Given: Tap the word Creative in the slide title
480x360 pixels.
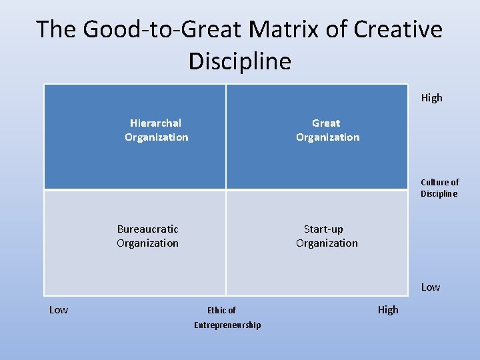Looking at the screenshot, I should pyautogui.click(x=399, y=29).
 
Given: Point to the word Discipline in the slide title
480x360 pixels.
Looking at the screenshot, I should pyautogui.click(x=240, y=61).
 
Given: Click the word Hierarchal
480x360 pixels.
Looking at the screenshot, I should pyautogui.click(x=155, y=123).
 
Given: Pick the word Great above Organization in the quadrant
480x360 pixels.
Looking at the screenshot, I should pyautogui.click(x=326, y=123).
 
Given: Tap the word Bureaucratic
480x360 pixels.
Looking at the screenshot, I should pyautogui.click(x=147, y=229).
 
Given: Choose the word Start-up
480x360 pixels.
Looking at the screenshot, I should pyautogui.click(x=324, y=229).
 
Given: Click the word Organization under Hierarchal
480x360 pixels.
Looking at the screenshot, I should pyautogui.click(x=156, y=137).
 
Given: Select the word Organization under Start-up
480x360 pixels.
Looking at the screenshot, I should pyautogui.click(x=327, y=243).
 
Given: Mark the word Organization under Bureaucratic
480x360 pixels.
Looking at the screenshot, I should pyautogui.click(x=147, y=243).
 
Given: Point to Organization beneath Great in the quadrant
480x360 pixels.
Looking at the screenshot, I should pyautogui.click(x=327, y=137).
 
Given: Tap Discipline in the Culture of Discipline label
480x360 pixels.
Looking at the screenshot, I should pyautogui.click(x=439, y=194).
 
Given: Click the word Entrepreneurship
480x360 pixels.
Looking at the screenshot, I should pyautogui.click(x=227, y=325).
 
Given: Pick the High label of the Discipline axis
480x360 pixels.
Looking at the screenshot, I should pyautogui.click(x=431, y=98).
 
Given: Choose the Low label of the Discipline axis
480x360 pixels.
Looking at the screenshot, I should pyautogui.click(x=430, y=287).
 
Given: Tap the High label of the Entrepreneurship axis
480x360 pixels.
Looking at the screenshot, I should pyautogui.click(x=388, y=309).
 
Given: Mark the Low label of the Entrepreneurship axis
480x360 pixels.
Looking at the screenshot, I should pyautogui.click(x=59, y=309).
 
